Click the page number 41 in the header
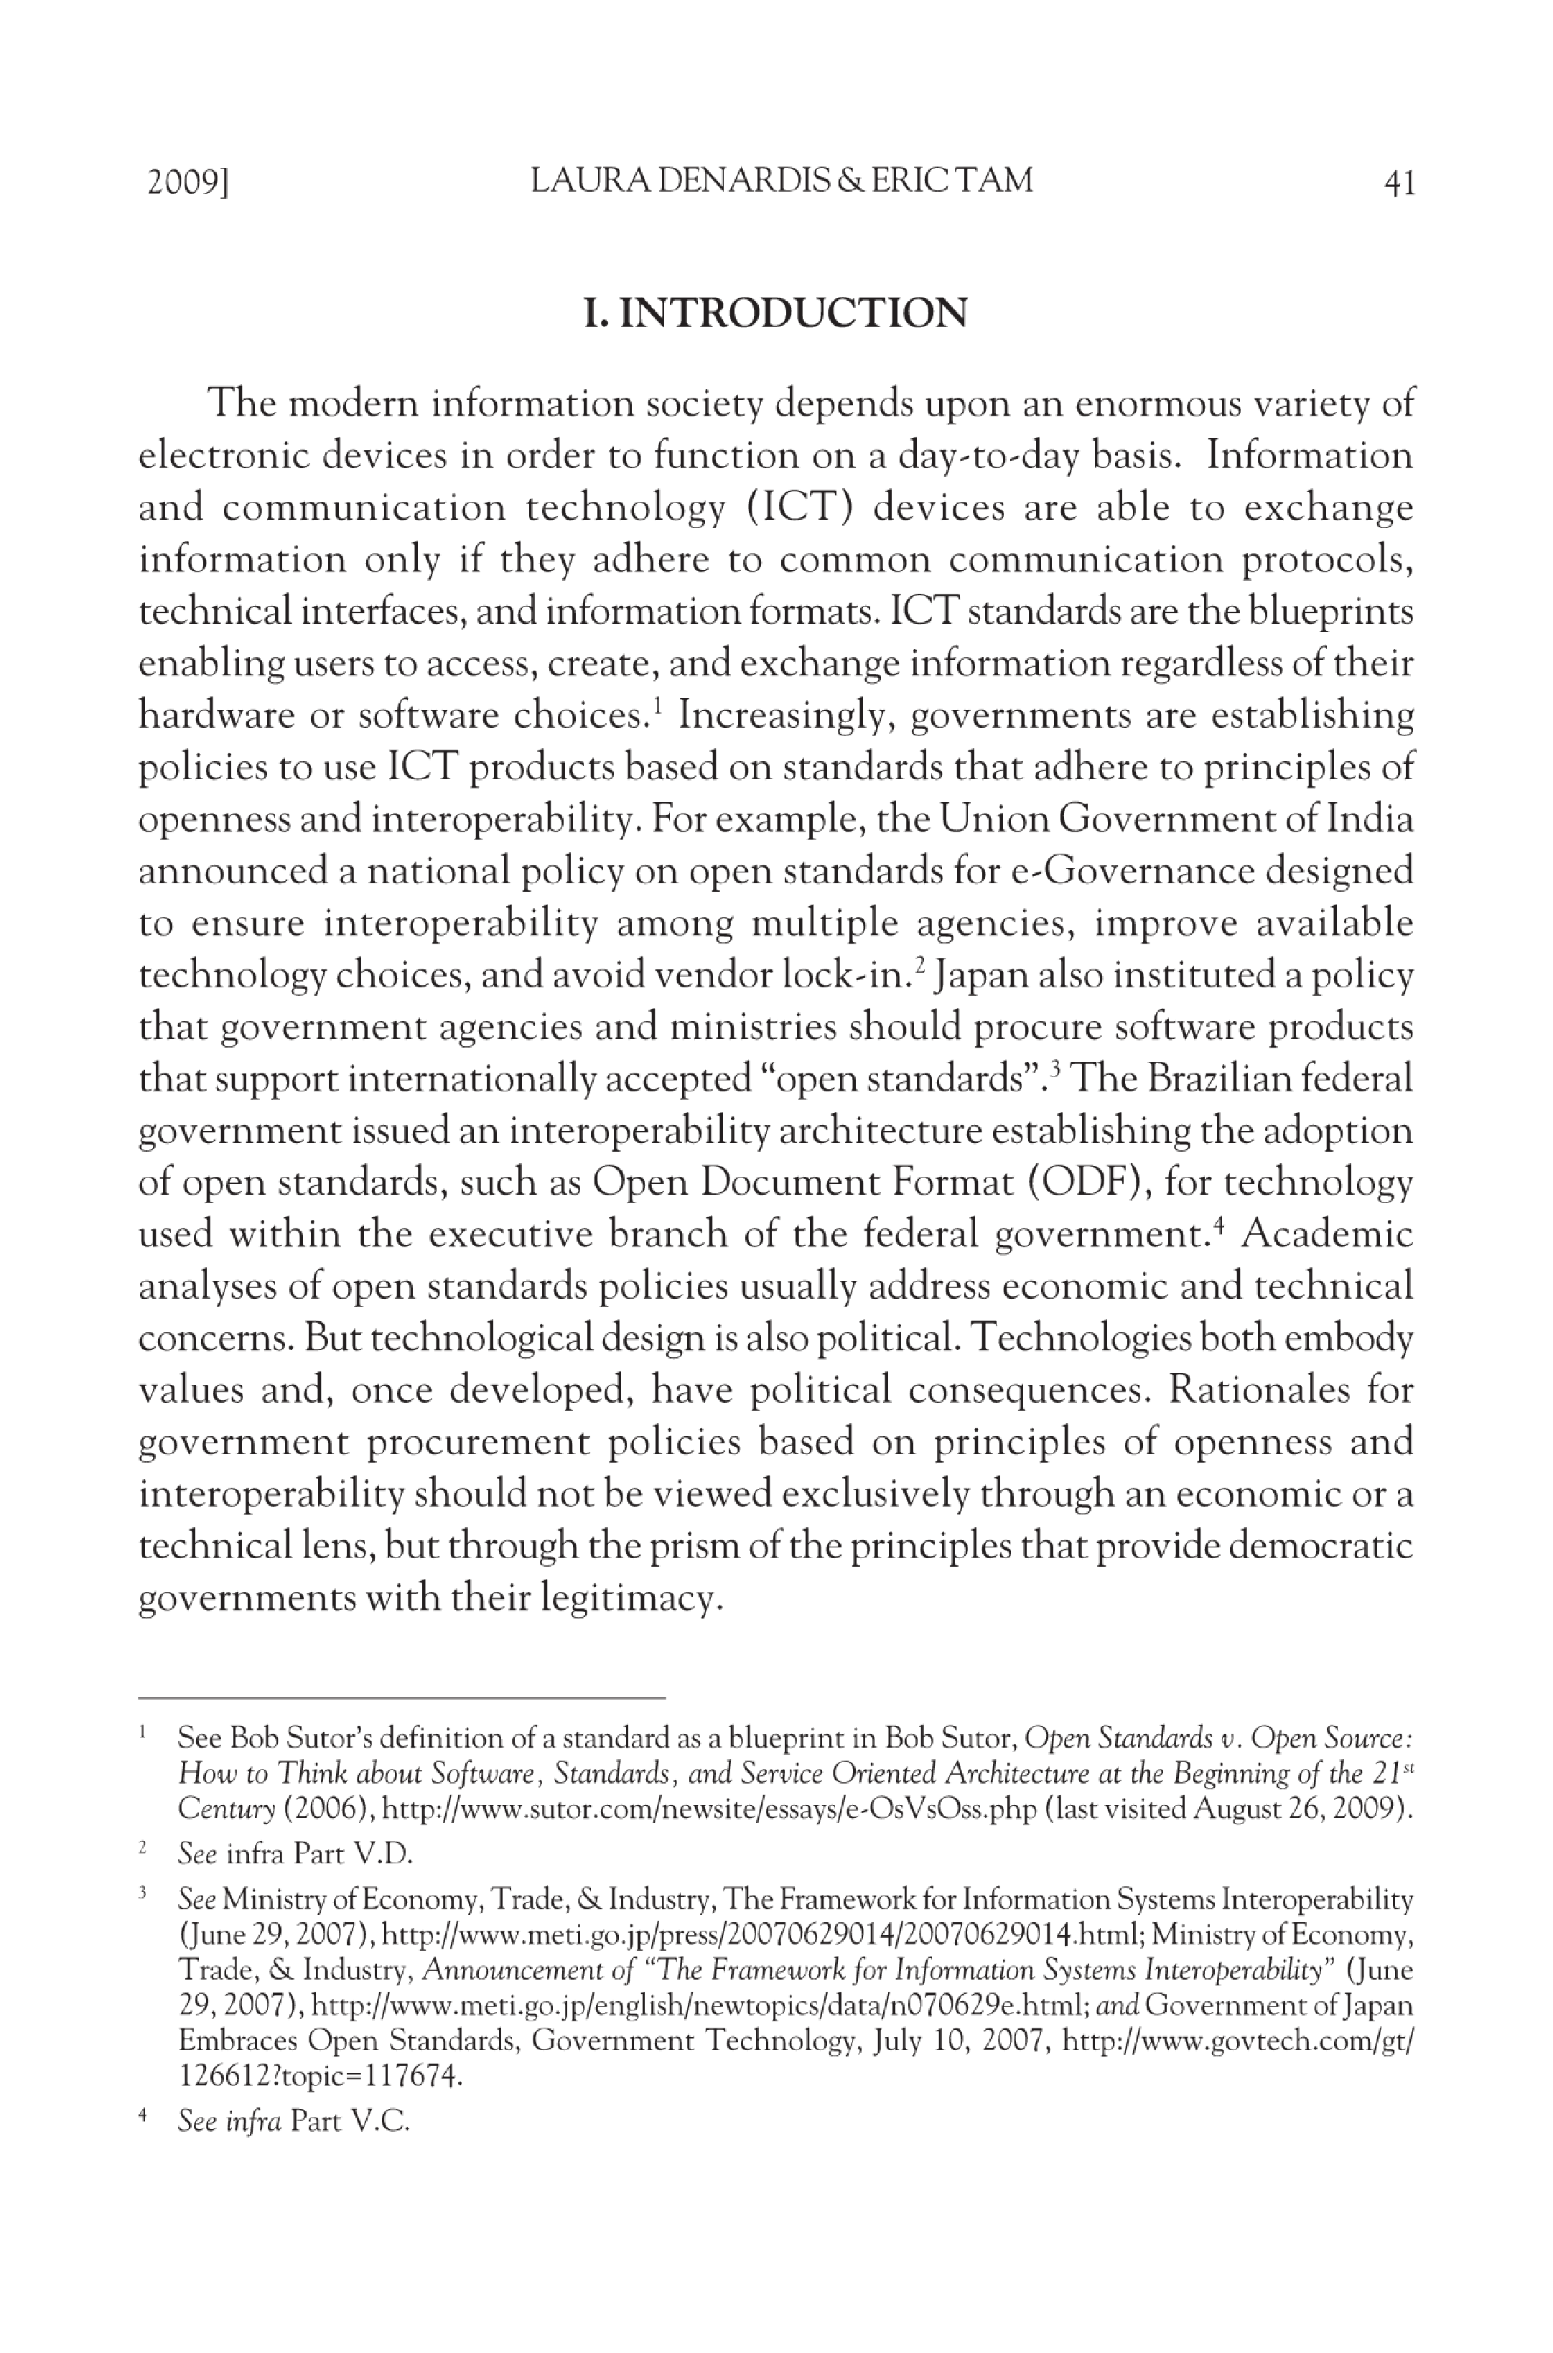click(x=1399, y=182)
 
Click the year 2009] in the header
click(x=188, y=182)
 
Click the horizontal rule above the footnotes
click(x=401, y=1697)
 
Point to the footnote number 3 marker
click(x=144, y=1893)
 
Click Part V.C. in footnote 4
click(x=350, y=2121)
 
